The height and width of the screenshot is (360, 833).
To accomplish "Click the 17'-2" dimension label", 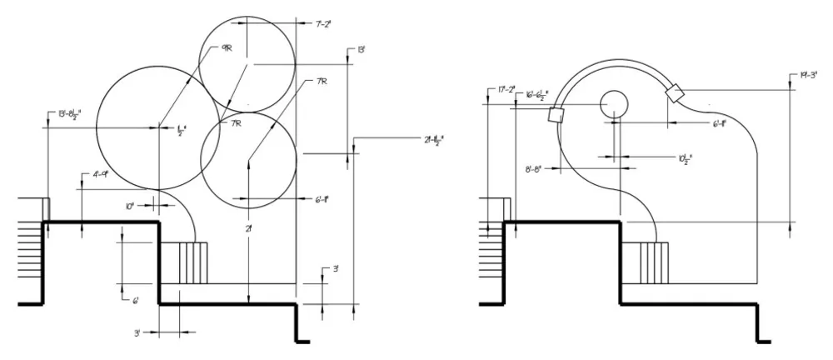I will tap(506, 88).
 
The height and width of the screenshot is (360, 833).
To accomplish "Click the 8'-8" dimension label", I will tap(533, 169).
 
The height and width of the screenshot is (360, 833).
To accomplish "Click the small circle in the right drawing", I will tap(614, 102).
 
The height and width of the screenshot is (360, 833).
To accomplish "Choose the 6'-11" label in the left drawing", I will tap(322, 200).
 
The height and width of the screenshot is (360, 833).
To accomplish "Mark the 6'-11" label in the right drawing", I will tap(720, 123).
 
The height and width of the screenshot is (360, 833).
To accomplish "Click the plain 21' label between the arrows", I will tap(249, 228).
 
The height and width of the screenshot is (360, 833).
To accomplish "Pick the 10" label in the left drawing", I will tap(130, 205).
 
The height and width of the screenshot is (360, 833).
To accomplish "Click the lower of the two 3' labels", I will tap(141, 332).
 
